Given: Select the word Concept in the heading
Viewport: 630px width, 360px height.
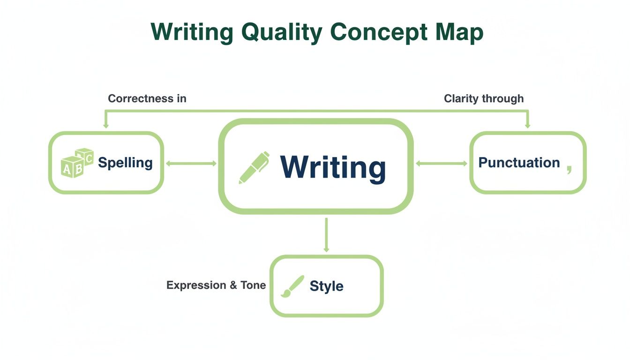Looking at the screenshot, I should [x=379, y=33].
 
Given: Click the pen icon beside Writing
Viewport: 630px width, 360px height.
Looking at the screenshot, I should [x=254, y=167].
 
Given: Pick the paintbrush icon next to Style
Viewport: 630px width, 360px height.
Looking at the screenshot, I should [x=292, y=286].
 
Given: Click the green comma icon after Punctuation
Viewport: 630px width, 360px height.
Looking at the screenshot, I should [x=569, y=169].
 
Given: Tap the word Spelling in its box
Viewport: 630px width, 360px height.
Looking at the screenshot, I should [x=125, y=163].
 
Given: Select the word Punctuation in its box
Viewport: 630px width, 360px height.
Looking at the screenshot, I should [x=519, y=163].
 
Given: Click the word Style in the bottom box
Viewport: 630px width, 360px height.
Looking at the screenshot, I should [x=326, y=286].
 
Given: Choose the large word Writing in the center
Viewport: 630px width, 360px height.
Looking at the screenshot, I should [x=333, y=167].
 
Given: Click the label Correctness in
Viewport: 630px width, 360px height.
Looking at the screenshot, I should [x=147, y=98].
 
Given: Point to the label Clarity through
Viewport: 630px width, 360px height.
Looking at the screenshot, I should [x=484, y=98].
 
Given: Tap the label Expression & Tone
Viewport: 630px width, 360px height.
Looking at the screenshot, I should [x=216, y=285].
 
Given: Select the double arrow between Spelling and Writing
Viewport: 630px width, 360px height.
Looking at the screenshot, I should [x=191, y=164].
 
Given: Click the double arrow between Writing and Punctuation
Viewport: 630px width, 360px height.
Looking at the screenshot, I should [x=442, y=164].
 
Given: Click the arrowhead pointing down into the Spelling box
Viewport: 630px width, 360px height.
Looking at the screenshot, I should [x=106, y=125].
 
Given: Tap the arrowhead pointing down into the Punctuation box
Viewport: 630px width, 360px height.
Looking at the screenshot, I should [x=528, y=125].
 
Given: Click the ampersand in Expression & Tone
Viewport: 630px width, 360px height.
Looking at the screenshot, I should [x=233, y=285].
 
